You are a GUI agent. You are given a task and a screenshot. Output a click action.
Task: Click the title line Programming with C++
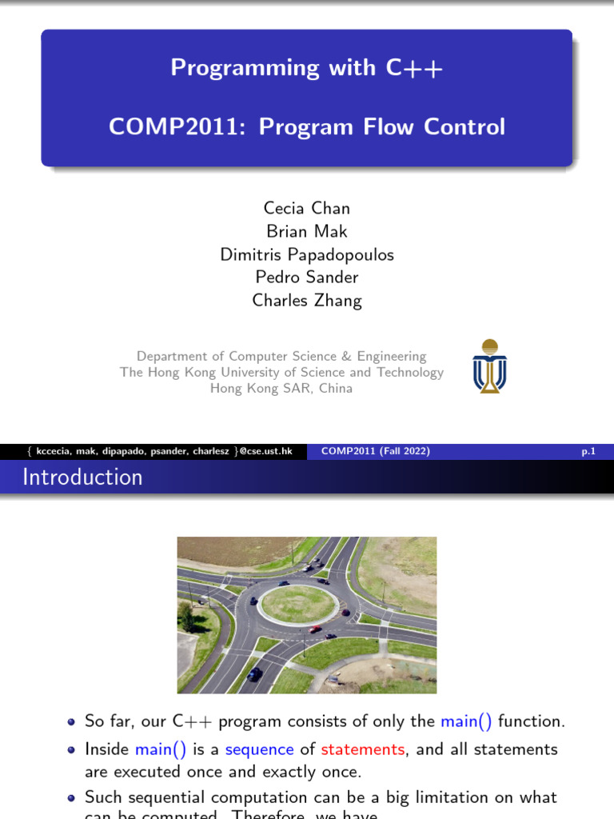click(306, 68)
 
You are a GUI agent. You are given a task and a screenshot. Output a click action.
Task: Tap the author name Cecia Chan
click(306, 208)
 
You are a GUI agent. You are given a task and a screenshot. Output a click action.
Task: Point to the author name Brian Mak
click(306, 231)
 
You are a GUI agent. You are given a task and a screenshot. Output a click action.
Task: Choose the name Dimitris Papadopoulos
click(306, 254)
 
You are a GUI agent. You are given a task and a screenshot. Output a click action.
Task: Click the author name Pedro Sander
click(306, 278)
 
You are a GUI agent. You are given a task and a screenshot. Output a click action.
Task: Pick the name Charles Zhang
click(306, 301)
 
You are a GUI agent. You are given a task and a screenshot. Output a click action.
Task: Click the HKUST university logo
click(489, 366)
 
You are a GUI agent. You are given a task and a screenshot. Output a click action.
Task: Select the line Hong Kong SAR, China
click(281, 389)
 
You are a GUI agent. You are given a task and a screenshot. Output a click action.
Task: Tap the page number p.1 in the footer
click(588, 452)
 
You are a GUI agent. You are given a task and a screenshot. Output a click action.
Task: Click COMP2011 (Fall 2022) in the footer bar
click(375, 452)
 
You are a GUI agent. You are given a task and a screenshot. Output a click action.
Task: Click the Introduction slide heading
click(82, 477)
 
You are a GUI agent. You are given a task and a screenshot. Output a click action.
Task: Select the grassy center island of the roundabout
click(298, 603)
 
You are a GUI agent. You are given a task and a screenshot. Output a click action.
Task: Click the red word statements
click(362, 749)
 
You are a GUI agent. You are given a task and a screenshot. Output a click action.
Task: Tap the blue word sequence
click(259, 749)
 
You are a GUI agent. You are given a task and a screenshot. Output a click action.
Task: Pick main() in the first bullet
click(466, 721)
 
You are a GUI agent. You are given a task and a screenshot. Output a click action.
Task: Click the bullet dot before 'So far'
click(72, 722)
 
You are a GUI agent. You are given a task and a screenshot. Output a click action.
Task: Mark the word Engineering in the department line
click(392, 356)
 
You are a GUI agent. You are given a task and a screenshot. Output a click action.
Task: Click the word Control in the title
click(464, 127)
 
